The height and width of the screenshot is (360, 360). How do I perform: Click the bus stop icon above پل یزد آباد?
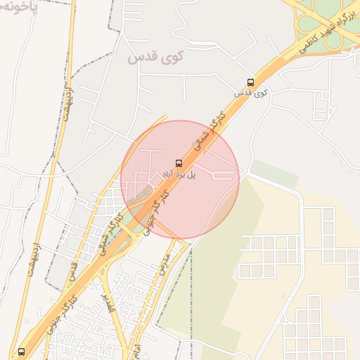tap(177, 163)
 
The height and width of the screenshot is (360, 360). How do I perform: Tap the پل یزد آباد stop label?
tap(178, 174)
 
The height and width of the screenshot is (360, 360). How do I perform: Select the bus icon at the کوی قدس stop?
tap(251, 82)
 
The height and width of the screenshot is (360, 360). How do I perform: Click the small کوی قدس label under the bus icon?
tap(251, 92)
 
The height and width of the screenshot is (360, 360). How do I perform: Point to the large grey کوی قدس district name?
tap(155, 58)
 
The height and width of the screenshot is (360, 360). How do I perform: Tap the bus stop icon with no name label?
tap(20, 351)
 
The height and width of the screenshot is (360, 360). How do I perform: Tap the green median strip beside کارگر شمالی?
tap(117, 243)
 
